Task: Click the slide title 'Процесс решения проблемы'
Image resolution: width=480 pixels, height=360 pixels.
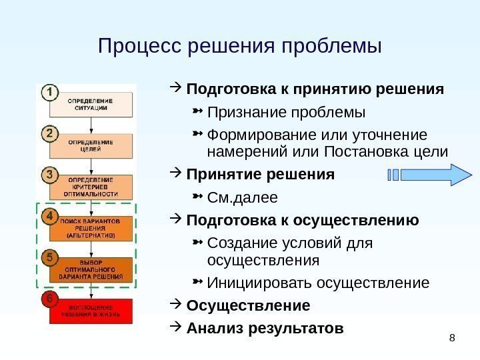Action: (x=239, y=47)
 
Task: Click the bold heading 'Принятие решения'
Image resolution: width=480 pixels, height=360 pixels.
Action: (x=261, y=175)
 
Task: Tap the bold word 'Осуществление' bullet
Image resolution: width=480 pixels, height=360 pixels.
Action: (x=249, y=306)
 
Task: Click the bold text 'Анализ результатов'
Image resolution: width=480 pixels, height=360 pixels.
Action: (x=265, y=329)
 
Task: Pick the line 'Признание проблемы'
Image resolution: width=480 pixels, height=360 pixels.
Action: (x=287, y=110)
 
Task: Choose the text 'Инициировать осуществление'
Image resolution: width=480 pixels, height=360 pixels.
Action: (x=319, y=283)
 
